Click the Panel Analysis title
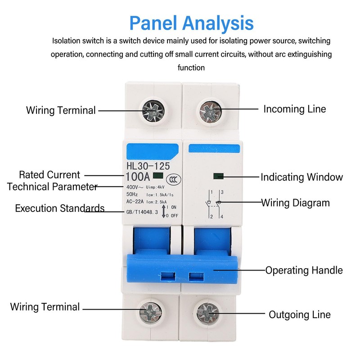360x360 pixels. pos(192,23)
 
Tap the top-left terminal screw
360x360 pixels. pos(153,111)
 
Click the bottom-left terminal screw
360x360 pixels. pos(151,312)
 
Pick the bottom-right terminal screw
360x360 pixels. pos(208,314)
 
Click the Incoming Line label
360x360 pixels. pos(295,109)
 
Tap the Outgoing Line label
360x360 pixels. pos(300,315)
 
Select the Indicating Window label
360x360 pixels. pos(301,177)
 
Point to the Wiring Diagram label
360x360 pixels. pos(296,203)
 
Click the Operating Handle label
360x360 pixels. pos(304,270)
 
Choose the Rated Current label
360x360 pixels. pos(49,175)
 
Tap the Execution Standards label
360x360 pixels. pos(60,208)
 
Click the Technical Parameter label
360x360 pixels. pos(52,187)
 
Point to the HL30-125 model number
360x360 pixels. pos(148,166)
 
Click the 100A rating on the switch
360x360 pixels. pos(138,177)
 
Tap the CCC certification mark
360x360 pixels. pos(174,180)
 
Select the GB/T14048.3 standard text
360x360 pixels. pos(142,212)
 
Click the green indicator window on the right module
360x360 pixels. pos(218,176)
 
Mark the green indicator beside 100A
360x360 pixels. pos(158,175)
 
